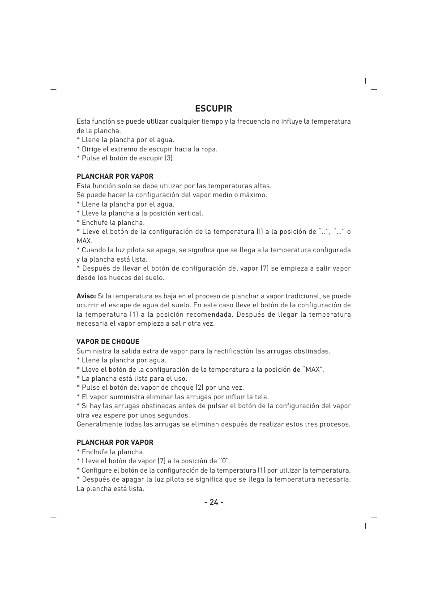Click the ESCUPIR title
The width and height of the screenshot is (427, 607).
coord(213,108)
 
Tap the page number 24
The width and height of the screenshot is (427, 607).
coord(213,502)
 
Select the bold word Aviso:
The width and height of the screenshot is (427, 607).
coord(86,296)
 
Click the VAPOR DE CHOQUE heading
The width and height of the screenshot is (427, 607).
coord(108,342)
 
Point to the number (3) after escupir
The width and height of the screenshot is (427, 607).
coord(168,158)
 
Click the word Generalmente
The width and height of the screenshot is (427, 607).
coord(98,424)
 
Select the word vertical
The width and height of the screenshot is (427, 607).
coord(190,213)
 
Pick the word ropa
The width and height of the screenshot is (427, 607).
coord(208,149)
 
